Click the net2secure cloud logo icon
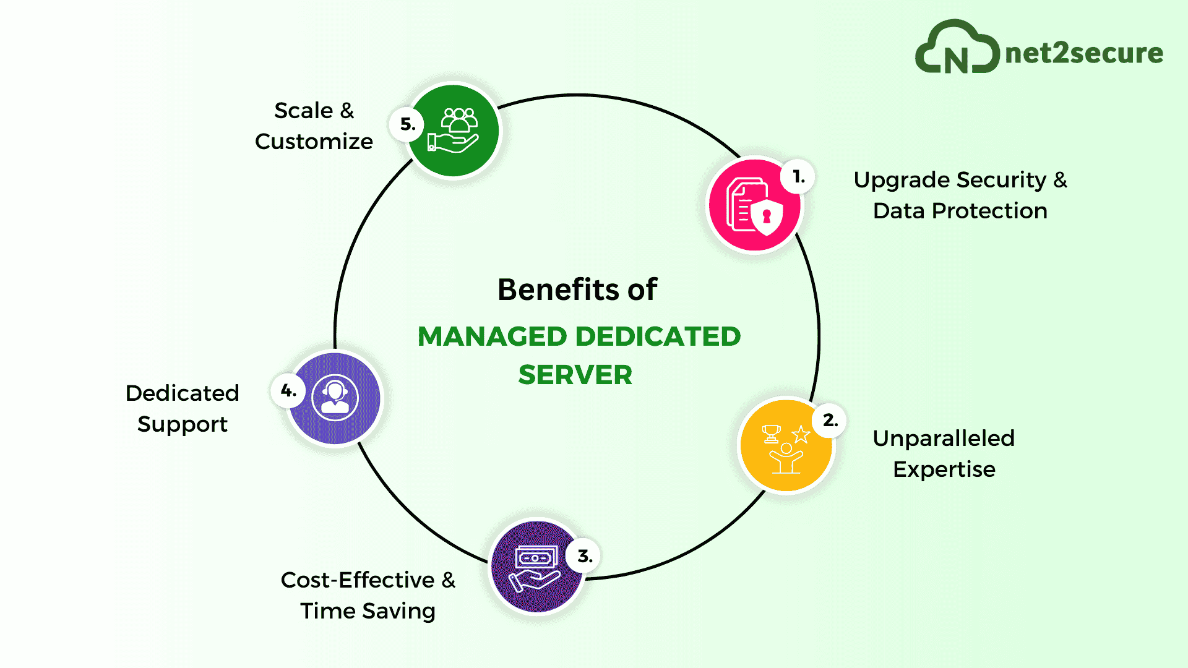957,48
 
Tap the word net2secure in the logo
1084,53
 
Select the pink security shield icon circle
754,206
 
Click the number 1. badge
798,178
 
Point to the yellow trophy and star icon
786,447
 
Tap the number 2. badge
830,421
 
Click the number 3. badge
584,556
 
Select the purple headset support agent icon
335,398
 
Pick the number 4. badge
288,391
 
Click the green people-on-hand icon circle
454,131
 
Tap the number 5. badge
407,124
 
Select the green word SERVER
575,375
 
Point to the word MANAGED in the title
493,336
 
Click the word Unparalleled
944,439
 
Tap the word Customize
314,142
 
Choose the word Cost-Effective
358,580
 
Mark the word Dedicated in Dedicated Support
182,393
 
